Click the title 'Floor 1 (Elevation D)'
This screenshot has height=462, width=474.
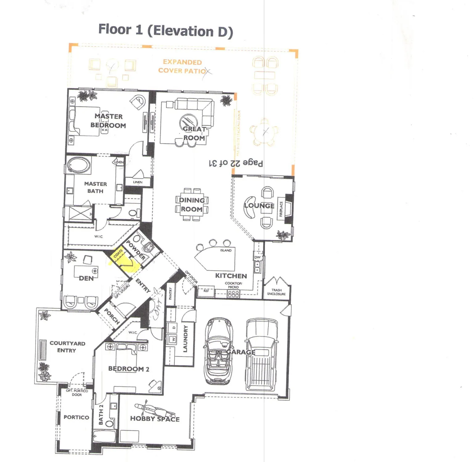click(165, 30)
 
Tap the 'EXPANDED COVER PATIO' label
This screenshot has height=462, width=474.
click(182, 66)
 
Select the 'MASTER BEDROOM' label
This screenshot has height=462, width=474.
click(108, 121)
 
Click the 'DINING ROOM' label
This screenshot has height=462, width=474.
click(192, 205)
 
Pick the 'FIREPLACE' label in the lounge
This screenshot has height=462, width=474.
click(281, 209)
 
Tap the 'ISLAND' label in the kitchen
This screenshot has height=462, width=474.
click(226, 250)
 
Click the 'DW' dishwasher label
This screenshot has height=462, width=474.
click(257, 257)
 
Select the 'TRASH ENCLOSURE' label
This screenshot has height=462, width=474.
click(276, 292)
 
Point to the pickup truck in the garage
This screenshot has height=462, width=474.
click(262, 354)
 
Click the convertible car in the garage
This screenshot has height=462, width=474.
click(219, 351)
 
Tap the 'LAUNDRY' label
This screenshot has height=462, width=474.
click(185, 338)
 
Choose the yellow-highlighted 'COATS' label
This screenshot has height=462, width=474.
click(118, 254)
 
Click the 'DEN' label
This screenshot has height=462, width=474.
click(86, 278)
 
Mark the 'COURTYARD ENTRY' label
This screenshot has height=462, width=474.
click(67, 346)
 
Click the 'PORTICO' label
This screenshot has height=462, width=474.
click(76, 417)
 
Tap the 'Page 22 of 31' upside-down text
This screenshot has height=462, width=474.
click(236, 163)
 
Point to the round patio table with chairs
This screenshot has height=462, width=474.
click(264, 132)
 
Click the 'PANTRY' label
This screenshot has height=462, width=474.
click(170, 293)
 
